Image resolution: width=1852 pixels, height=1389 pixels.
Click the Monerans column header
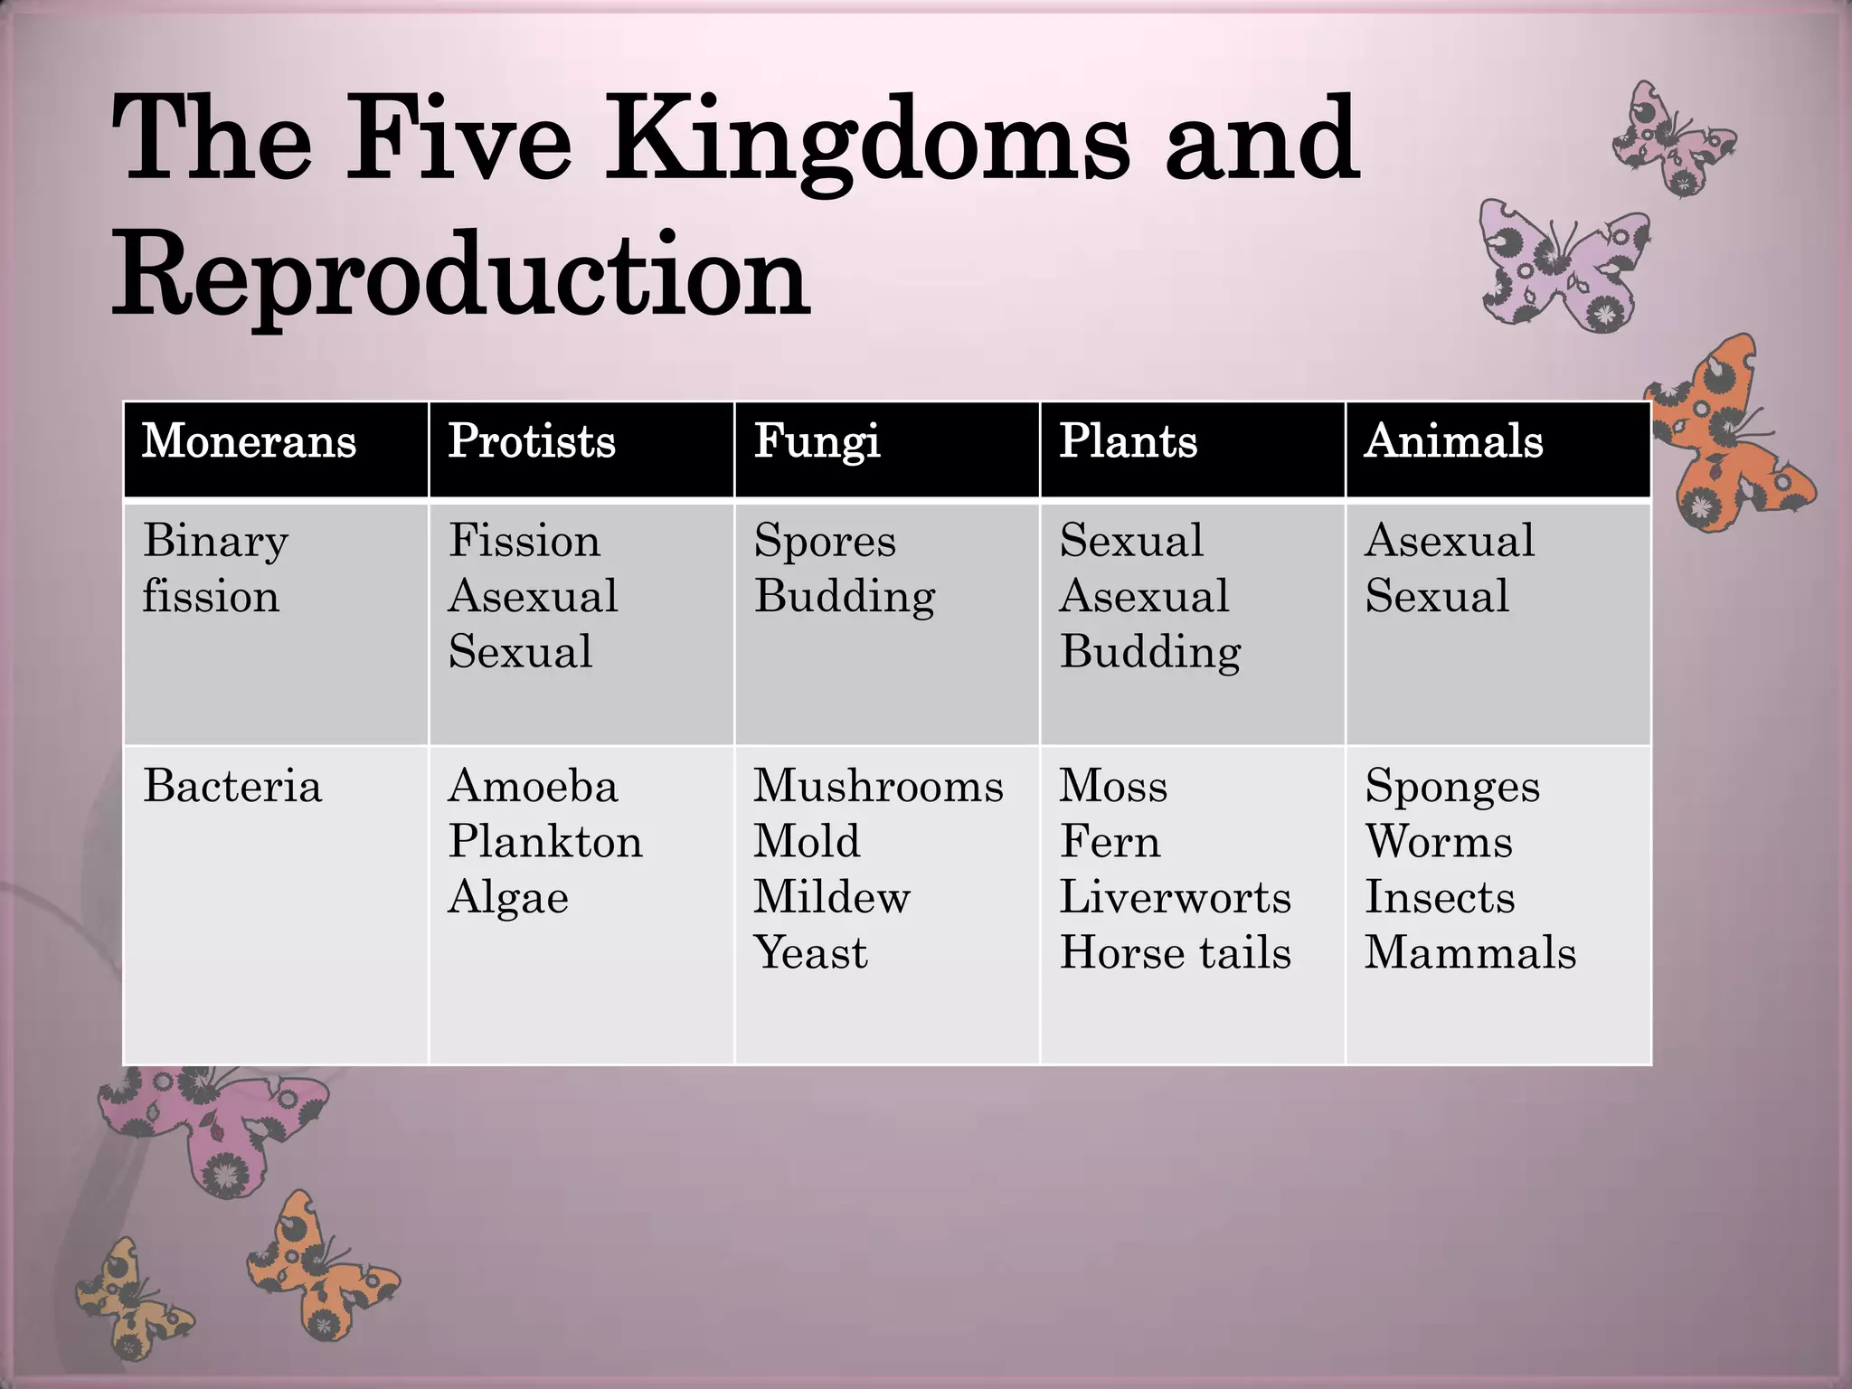point(249,441)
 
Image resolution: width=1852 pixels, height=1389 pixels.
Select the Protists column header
point(532,441)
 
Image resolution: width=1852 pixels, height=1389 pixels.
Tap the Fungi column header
point(817,442)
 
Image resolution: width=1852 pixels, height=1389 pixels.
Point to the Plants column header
point(1128,441)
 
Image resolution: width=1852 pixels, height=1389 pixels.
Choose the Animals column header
point(1453,441)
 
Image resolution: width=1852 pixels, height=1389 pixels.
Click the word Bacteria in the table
point(232,785)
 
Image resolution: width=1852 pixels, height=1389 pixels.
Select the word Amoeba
point(533,785)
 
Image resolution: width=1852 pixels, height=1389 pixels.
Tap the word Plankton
point(545,841)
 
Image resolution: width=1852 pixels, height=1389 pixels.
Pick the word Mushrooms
point(878,785)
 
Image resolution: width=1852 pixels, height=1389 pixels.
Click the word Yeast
point(810,952)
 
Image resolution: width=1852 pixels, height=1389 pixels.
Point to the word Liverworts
point(1175,897)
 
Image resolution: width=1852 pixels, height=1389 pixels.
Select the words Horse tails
point(1175,952)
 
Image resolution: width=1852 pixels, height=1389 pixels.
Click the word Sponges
point(1451,787)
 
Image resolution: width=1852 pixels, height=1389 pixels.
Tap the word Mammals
point(1469,952)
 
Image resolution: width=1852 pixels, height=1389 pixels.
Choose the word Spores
point(825,541)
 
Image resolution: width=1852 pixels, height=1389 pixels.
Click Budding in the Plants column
point(1150,652)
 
